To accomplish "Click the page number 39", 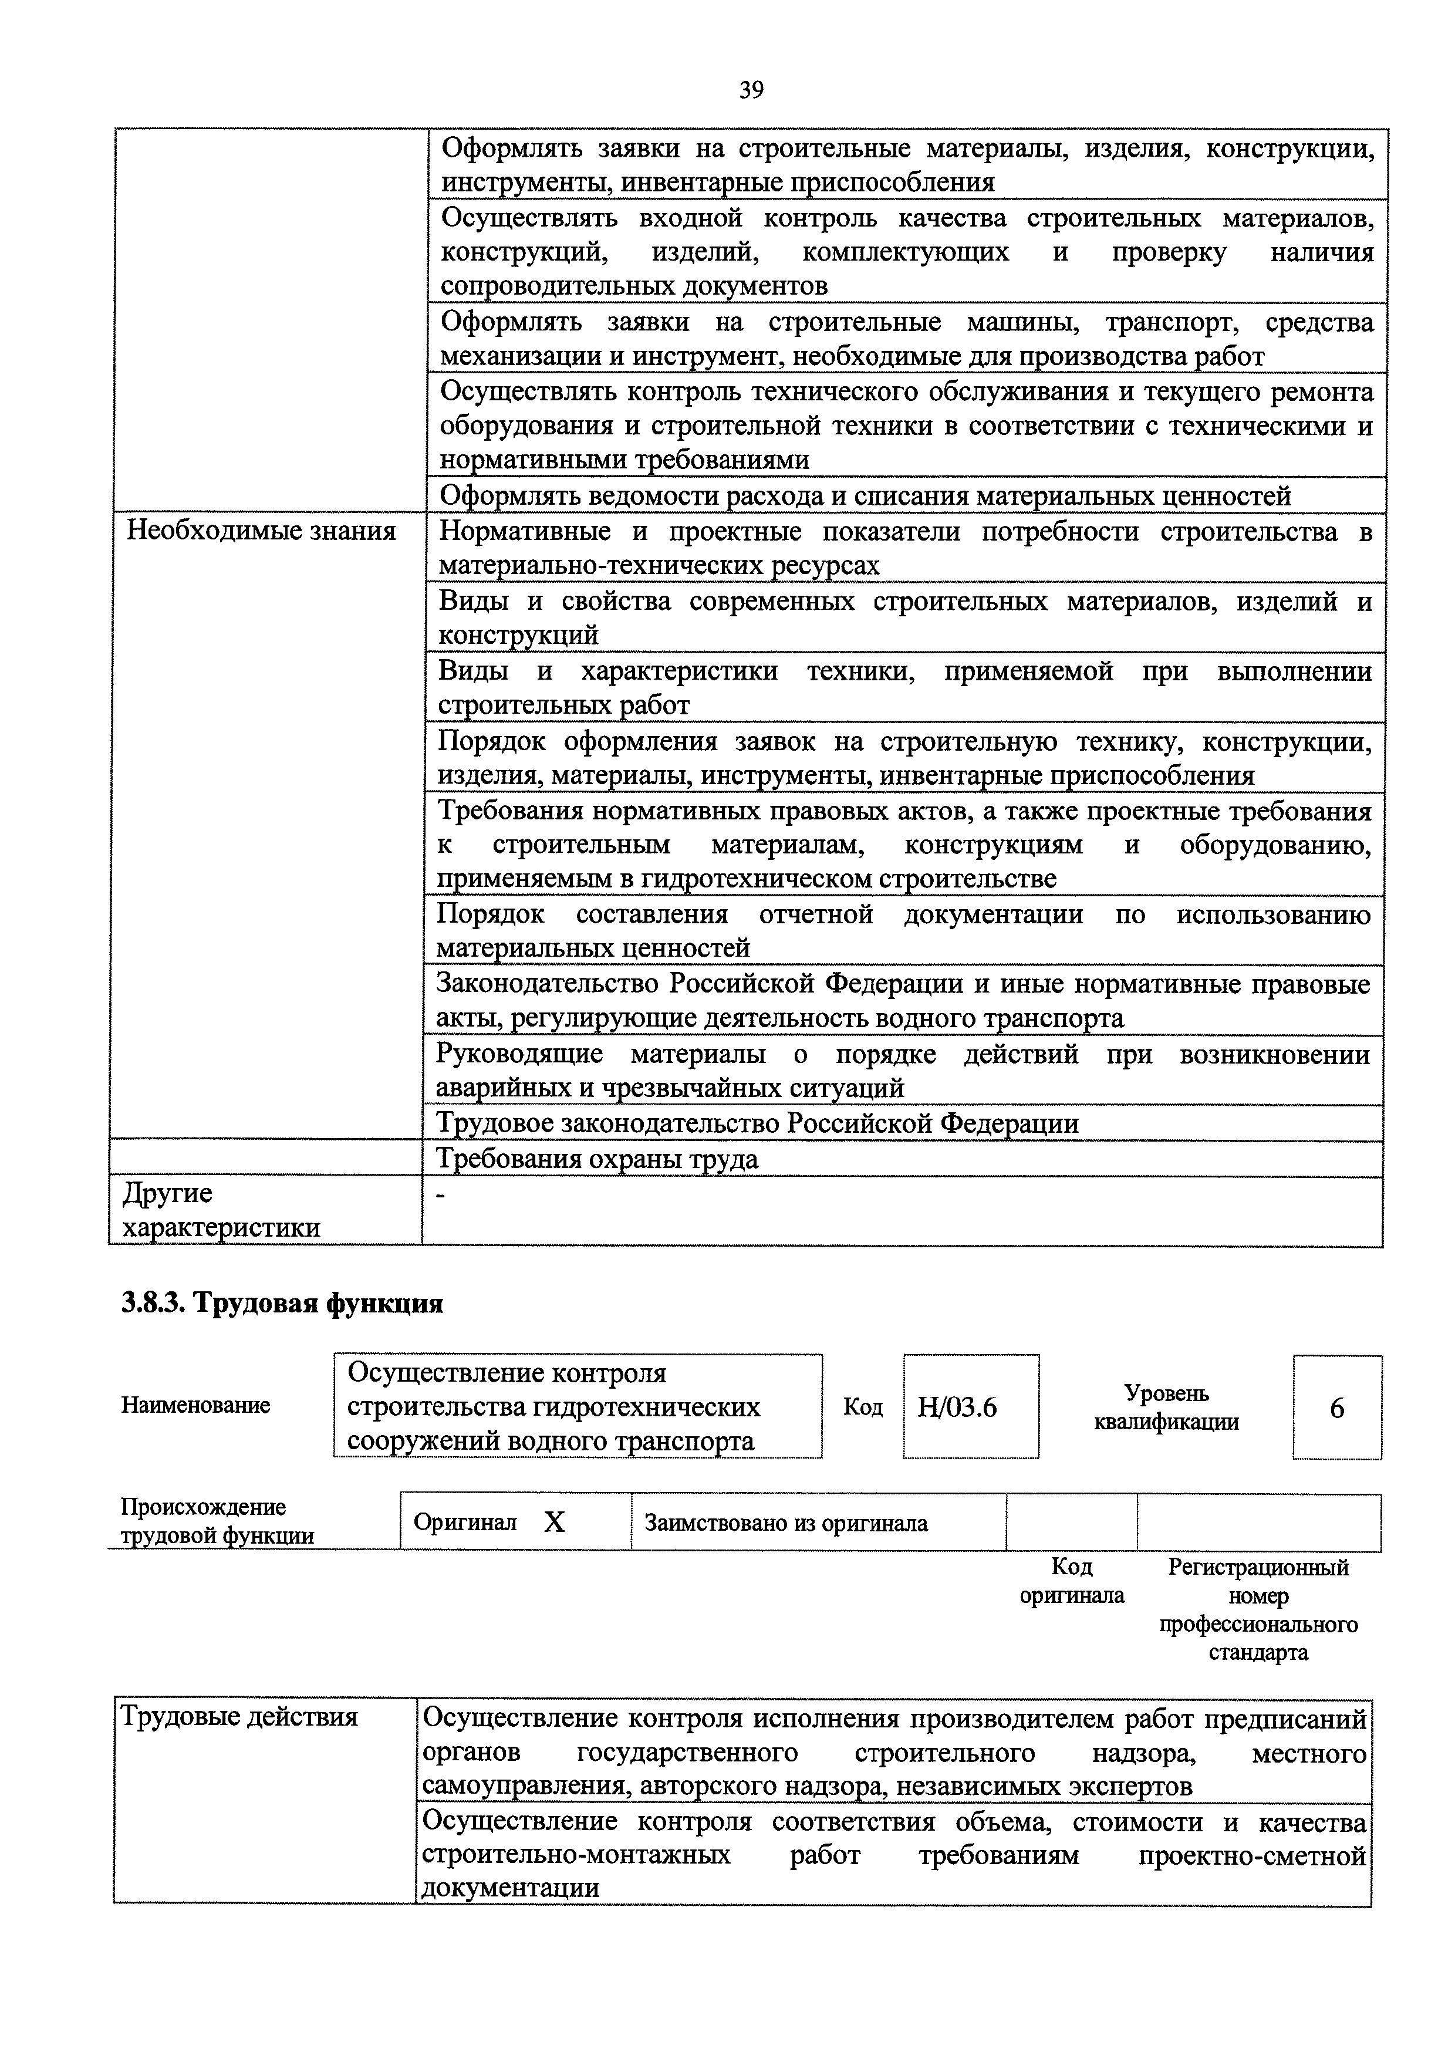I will point(751,90).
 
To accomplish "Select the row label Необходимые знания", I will point(261,531).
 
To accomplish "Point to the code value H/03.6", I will point(957,1407).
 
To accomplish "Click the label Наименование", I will point(195,1405).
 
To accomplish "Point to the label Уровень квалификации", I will point(1166,1407).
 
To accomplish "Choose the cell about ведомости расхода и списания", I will point(865,496).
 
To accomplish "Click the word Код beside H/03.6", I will point(862,1407).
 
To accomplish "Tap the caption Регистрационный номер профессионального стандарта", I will point(1258,1610).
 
